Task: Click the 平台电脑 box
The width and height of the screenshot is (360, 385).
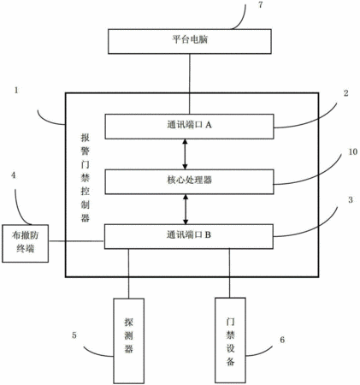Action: click(190, 41)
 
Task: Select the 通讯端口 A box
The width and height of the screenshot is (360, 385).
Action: click(189, 127)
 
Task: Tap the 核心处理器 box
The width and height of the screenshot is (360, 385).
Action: click(189, 182)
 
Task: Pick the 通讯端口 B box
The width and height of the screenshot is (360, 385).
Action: click(189, 237)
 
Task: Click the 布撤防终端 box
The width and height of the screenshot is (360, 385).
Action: click(26, 244)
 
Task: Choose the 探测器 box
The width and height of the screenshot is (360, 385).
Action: click(129, 341)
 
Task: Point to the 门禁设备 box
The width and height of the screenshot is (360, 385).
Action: click(230, 341)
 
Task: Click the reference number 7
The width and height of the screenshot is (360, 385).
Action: click(260, 5)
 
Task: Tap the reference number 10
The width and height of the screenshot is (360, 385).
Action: click(353, 151)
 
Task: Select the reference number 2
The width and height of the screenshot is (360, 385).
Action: click(346, 93)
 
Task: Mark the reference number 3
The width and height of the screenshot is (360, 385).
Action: click(351, 200)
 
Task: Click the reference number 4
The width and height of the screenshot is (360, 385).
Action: click(13, 175)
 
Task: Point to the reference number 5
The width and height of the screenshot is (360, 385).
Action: click(74, 335)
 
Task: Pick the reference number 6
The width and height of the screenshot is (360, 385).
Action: click(282, 340)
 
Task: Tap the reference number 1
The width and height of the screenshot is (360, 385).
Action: click(16, 91)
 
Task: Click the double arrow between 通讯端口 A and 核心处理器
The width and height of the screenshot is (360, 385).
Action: click(186, 154)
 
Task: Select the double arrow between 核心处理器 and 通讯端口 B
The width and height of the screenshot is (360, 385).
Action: click(186, 210)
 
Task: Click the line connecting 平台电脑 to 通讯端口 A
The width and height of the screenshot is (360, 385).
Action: click(190, 84)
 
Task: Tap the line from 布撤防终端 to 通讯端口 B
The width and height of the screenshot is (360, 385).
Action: click(76, 241)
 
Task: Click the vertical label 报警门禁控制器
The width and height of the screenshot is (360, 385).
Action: click(86, 178)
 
